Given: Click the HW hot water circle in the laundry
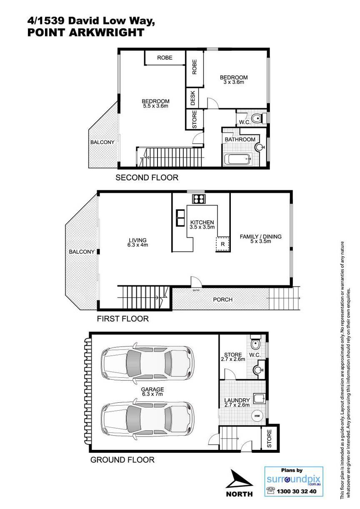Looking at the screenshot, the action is [x=257, y=416].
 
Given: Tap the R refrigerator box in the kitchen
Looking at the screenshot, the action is [x=222, y=244].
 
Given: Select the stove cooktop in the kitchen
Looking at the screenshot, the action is [x=199, y=199].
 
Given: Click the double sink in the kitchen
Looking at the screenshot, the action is [x=180, y=218].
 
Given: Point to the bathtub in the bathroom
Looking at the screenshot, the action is [x=238, y=159].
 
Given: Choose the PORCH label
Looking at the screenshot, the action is [x=223, y=299].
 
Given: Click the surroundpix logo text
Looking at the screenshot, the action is [x=293, y=480].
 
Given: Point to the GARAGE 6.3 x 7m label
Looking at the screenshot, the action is [x=152, y=392].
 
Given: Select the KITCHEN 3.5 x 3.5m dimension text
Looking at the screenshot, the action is [x=202, y=225].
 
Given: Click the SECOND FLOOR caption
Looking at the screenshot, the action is [x=147, y=177].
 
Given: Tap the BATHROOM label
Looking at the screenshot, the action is [x=240, y=139].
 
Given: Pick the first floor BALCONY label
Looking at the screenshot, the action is [x=82, y=252].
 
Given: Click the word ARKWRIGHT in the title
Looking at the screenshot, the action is [x=106, y=32].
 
